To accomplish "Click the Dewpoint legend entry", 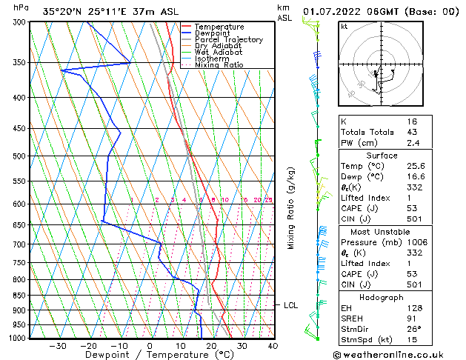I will click(219, 33).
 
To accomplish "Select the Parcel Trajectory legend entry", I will click(229, 40).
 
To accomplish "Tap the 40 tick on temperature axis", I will click(273, 345).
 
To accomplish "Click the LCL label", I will click(290, 304).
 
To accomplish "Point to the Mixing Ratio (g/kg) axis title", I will click(291, 208).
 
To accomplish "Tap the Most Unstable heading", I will click(382, 231).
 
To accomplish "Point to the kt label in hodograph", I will click(345, 26).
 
